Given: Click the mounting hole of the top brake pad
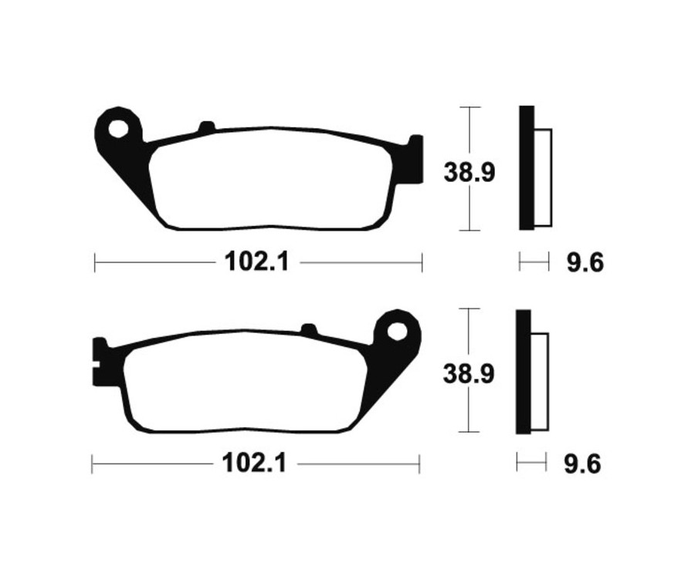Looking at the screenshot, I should click(119, 128).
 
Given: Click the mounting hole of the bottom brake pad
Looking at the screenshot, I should click(397, 332).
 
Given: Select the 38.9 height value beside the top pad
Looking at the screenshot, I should click(469, 170).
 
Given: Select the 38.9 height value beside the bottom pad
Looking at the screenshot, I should click(469, 373).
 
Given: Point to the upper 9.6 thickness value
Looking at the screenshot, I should click(585, 264).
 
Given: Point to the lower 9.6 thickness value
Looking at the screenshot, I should click(582, 465).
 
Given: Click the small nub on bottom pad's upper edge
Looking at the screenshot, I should click(308, 330).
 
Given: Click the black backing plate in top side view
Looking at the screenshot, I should click(526, 167).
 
